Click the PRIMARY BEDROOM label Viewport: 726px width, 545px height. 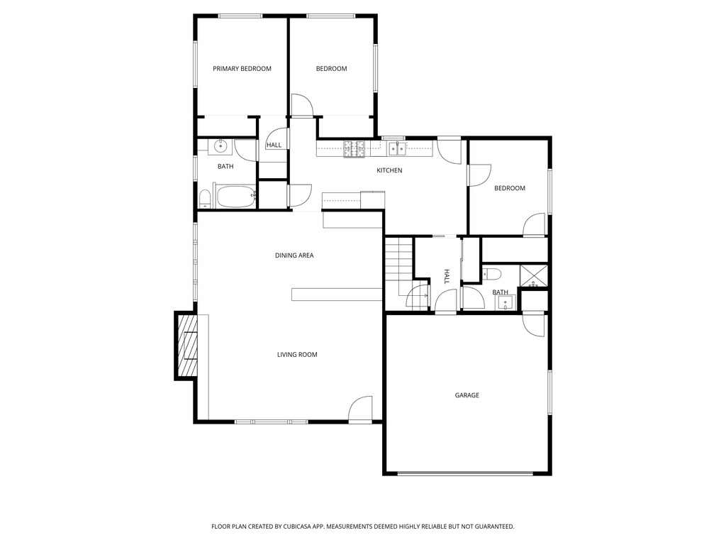tap(242, 69)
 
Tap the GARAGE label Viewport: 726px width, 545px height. tap(467, 395)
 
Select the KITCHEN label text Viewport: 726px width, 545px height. tap(389, 170)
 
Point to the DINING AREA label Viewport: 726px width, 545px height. tap(294, 255)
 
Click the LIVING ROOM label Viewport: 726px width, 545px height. tap(297, 355)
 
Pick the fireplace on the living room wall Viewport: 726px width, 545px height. tap(186, 346)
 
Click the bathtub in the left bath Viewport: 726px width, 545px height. tap(236, 197)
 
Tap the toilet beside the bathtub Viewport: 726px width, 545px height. tap(204, 199)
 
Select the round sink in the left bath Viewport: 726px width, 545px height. tap(221, 146)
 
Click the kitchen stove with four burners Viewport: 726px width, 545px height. tap(354, 149)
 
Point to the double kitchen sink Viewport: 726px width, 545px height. tap(397, 148)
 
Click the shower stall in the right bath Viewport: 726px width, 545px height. tap(534, 276)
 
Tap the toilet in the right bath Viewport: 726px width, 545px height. tap(492, 275)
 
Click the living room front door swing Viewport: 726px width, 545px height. tap(360, 409)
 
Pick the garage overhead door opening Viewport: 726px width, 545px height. tap(465, 473)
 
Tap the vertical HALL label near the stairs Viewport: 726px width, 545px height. tap(447, 277)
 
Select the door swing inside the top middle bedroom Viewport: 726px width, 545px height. tap(302, 105)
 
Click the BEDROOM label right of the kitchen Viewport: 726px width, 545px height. tap(510, 188)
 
